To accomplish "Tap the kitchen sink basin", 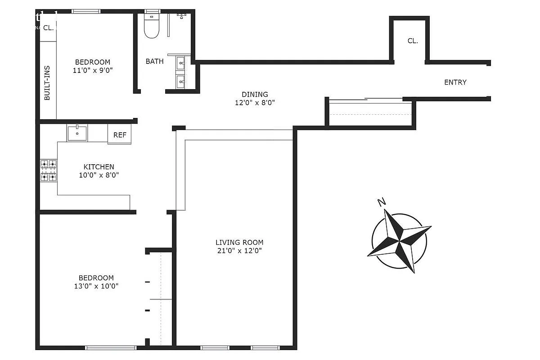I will pos(77,133).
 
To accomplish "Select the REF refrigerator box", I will pos(120,135).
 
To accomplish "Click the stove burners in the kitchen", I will pos(49,170).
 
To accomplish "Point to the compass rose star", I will pos(399,241).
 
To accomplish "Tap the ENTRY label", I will pos(455,82).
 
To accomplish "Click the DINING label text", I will pos(255,94).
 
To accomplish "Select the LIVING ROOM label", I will pos(239,242).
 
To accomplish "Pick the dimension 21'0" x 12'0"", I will pos(239,250).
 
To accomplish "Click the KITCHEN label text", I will pos(99,167).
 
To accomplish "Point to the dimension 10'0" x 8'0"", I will pos(99,175).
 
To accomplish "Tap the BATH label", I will pos(154,61).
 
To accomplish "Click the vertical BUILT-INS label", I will pos(47,83).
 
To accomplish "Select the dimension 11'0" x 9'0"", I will pos(92,70).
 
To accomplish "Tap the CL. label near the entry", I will pos(413,41).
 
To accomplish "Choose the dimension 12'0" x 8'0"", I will pos(255,103).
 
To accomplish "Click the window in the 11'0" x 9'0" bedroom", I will pos(86,11).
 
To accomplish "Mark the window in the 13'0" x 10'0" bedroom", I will pos(111,347).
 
